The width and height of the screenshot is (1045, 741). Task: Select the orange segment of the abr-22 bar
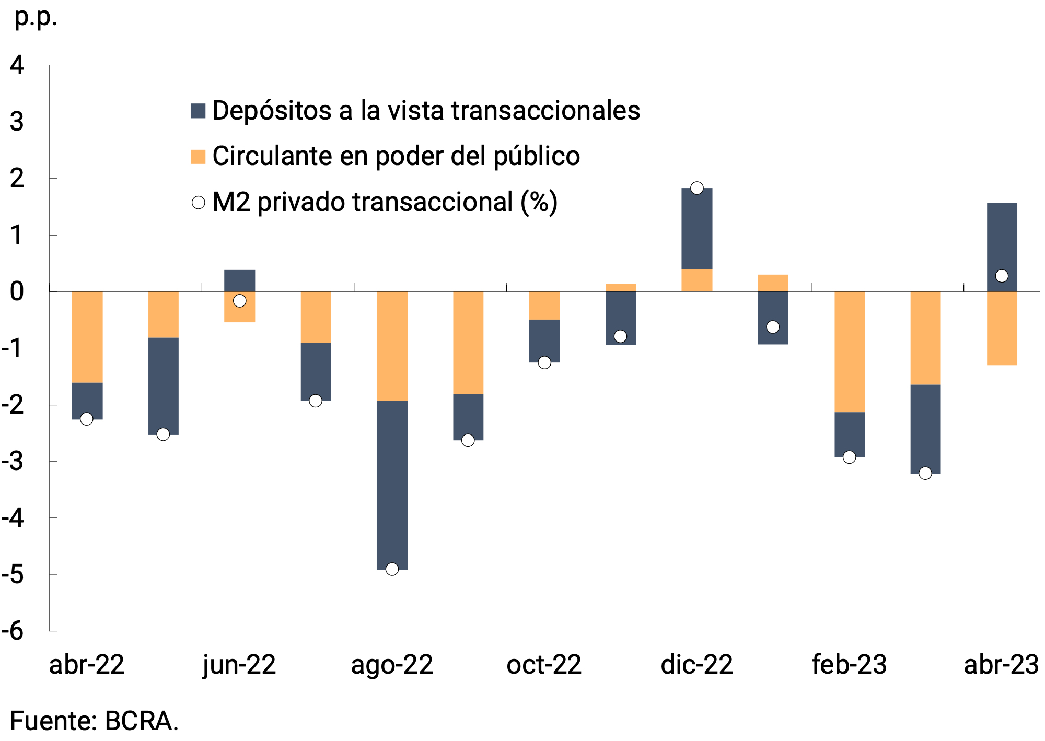coord(87,337)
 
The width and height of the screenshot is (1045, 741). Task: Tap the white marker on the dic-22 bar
coord(696,188)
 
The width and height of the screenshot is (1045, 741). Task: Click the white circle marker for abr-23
coord(1002,276)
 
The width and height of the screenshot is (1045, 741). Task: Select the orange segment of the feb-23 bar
coord(850,351)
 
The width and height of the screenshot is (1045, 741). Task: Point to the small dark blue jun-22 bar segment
coord(239,280)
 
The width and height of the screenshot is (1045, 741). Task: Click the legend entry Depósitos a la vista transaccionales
coord(426,111)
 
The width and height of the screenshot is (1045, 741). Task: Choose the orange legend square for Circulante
coord(198,157)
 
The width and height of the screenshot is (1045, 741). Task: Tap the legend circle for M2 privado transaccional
coord(199,203)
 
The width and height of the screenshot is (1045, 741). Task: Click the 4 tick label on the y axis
coord(17,65)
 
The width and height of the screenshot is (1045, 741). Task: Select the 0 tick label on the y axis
coord(17,291)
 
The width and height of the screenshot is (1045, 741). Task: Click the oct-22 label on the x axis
coord(544,665)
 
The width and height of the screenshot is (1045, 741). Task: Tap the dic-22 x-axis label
coord(696,665)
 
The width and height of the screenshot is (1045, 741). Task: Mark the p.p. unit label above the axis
coord(36,18)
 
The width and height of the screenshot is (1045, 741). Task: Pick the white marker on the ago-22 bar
coord(392,569)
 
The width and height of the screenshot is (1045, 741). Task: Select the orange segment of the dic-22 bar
coord(696,280)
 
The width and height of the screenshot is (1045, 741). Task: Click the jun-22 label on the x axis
coord(239,665)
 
